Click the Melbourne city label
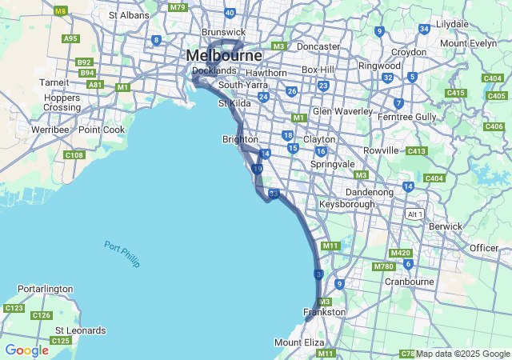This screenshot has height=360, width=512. (x=224, y=55)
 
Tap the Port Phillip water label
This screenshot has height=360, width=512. (x=122, y=254)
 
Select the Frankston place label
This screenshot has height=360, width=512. (x=324, y=312)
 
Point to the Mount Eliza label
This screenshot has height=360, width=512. (x=299, y=342)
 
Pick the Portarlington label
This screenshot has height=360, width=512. (x=46, y=289)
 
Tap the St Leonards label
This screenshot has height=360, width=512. (x=80, y=330)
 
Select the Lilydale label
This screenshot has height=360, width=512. (x=452, y=25)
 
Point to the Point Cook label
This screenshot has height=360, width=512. (x=102, y=130)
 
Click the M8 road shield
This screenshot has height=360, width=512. (x=60, y=11)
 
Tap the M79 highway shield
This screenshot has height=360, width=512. (x=178, y=7)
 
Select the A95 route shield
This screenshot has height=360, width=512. (x=70, y=38)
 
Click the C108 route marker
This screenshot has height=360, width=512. (x=74, y=154)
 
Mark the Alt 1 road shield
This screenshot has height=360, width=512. (x=414, y=214)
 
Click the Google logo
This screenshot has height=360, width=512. (x=26, y=350)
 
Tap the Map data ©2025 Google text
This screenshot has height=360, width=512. (x=463, y=354)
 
